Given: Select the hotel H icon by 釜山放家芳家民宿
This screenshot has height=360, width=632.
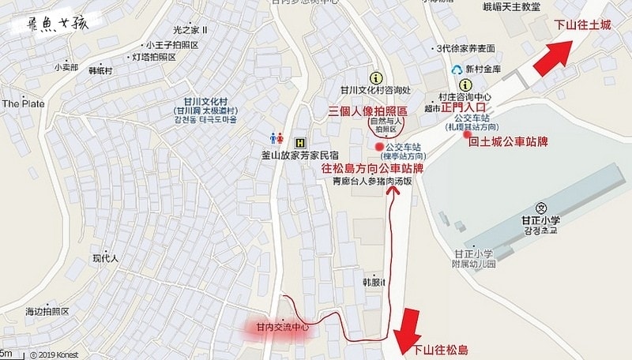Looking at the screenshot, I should pyautogui.click(x=299, y=143).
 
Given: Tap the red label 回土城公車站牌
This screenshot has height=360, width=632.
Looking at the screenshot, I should pyautogui.click(x=508, y=143).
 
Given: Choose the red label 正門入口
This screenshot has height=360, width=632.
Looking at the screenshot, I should pyautogui.click(x=466, y=107).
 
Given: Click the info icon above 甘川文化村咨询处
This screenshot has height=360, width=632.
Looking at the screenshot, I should pyautogui.click(x=375, y=77).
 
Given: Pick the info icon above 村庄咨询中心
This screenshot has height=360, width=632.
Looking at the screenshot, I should pyautogui.click(x=466, y=84).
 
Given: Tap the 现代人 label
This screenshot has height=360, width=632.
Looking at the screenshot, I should pyautogui.click(x=104, y=257).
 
